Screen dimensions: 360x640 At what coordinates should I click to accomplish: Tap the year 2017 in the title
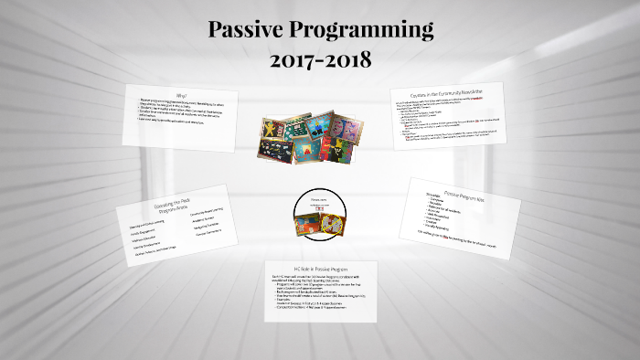click(x=294, y=62)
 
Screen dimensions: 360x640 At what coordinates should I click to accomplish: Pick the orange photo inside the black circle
click(x=305, y=226)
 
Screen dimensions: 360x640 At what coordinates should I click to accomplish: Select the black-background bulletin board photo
click(x=275, y=153)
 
